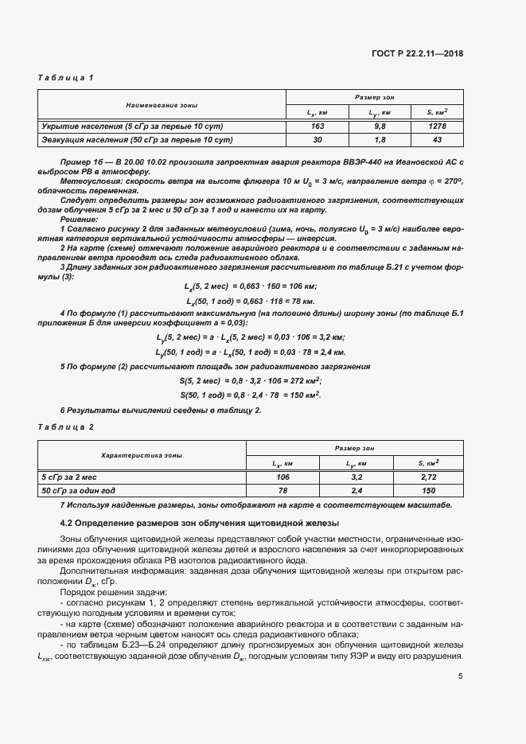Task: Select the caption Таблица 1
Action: pos(66,77)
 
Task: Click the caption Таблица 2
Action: pos(66,427)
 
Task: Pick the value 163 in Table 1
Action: pos(318,127)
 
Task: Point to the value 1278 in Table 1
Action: pos(437,127)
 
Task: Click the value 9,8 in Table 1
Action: pos(380,127)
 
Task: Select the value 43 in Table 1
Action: pos(437,140)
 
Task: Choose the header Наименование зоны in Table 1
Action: pos(162,105)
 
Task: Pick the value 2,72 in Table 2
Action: pos(429,477)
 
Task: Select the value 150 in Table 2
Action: pos(429,490)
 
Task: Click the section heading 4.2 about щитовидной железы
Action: pos(200,523)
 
